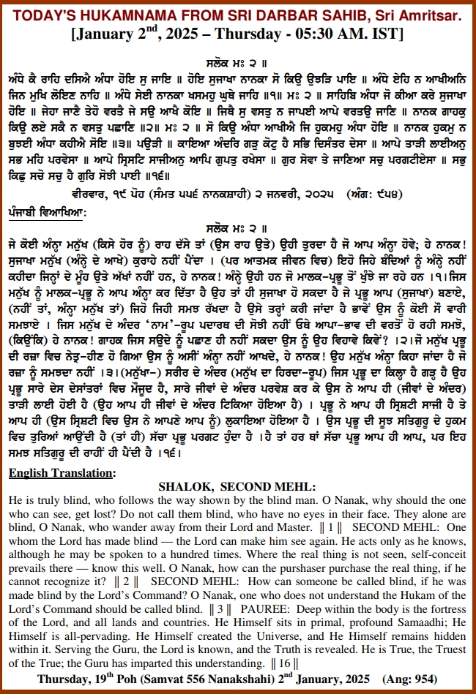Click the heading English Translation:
[x=62, y=473]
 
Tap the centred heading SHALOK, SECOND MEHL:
[x=237, y=487]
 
